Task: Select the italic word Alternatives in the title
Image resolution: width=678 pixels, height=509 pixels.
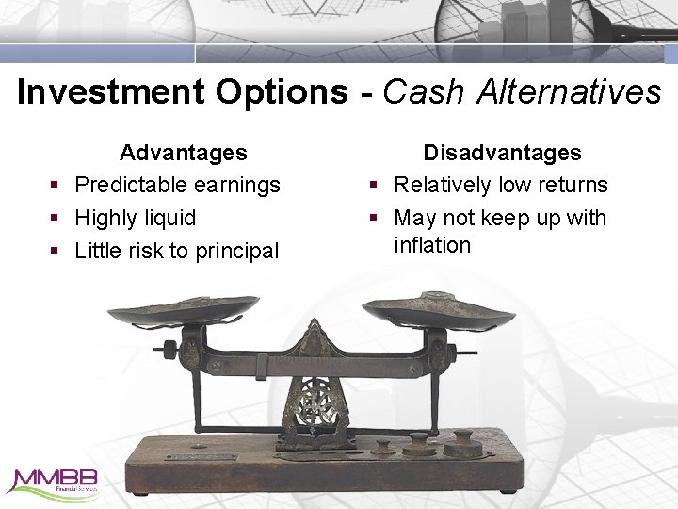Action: [x=569, y=92]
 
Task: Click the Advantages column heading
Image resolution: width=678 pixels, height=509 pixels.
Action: [x=184, y=153]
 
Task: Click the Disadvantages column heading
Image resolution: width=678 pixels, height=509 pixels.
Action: [x=502, y=153]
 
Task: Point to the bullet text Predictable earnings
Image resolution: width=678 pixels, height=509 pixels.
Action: [x=177, y=185]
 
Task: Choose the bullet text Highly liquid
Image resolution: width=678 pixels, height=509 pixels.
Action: [x=136, y=218]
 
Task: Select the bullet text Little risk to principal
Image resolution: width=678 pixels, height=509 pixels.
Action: [x=177, y=251]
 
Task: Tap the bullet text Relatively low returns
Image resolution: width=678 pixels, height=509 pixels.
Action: [x=501, y=185]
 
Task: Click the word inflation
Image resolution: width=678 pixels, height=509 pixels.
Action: [x=432, y=245]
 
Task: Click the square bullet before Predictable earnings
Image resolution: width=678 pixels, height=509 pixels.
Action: [x=56, y=186]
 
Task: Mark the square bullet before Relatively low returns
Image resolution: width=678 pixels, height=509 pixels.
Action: [x=374, y=186]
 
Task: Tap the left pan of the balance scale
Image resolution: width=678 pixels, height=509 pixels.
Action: [x=183, y=310]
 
